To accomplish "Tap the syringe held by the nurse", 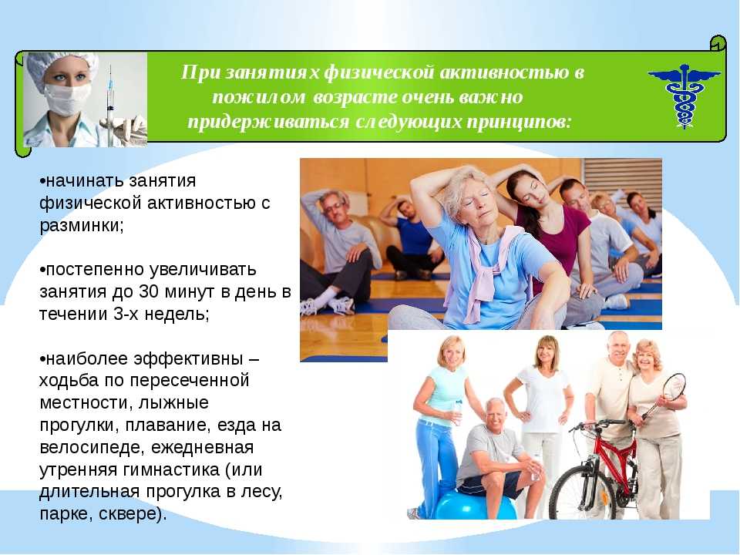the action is click(x=110, y=106).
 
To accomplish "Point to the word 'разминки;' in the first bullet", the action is click(x=82, y=226).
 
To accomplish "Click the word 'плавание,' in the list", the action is click(x=166, y=425).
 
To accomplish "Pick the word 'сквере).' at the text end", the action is click(x=133, y=514).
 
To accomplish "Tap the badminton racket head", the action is click(x=674, y=387).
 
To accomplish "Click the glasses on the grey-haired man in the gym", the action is click(x=334, y=207).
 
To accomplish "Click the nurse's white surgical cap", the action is click(x=60, y=66).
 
